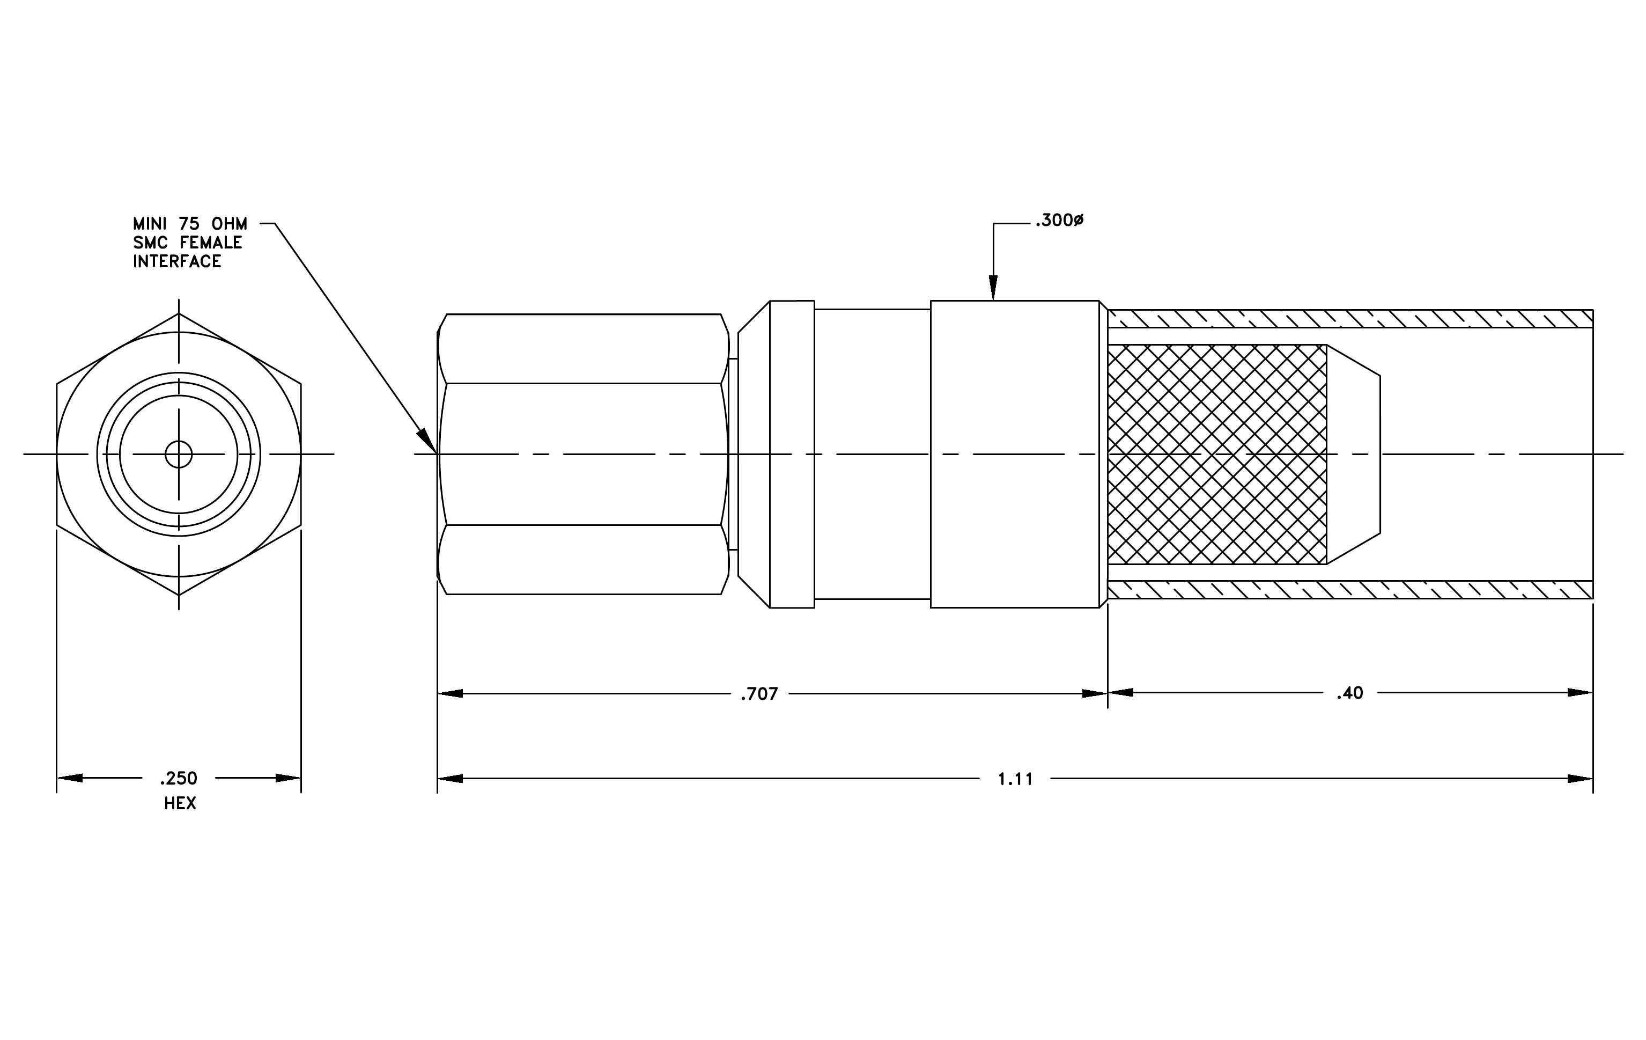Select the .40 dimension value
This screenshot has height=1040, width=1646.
(1350, 693)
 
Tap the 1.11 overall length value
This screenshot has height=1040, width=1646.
(1015, 779)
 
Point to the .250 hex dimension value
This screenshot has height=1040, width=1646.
(179, 778)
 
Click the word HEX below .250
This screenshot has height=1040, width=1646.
(180, 803)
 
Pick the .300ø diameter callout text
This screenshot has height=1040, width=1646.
(1059, 221)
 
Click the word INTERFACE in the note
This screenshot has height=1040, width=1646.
(177, 262)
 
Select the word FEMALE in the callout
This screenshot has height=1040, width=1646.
(211, 243)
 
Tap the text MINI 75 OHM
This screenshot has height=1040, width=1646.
(190, 224)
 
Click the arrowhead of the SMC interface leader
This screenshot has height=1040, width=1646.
(427, 441)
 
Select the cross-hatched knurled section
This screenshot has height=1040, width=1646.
(1217, 455)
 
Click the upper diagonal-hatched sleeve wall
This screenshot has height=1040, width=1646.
(1350, 319)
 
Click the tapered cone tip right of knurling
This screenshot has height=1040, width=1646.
(1354, 455)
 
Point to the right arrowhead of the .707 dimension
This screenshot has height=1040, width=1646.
(1094, 694)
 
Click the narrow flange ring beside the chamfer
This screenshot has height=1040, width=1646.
(792, 455)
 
